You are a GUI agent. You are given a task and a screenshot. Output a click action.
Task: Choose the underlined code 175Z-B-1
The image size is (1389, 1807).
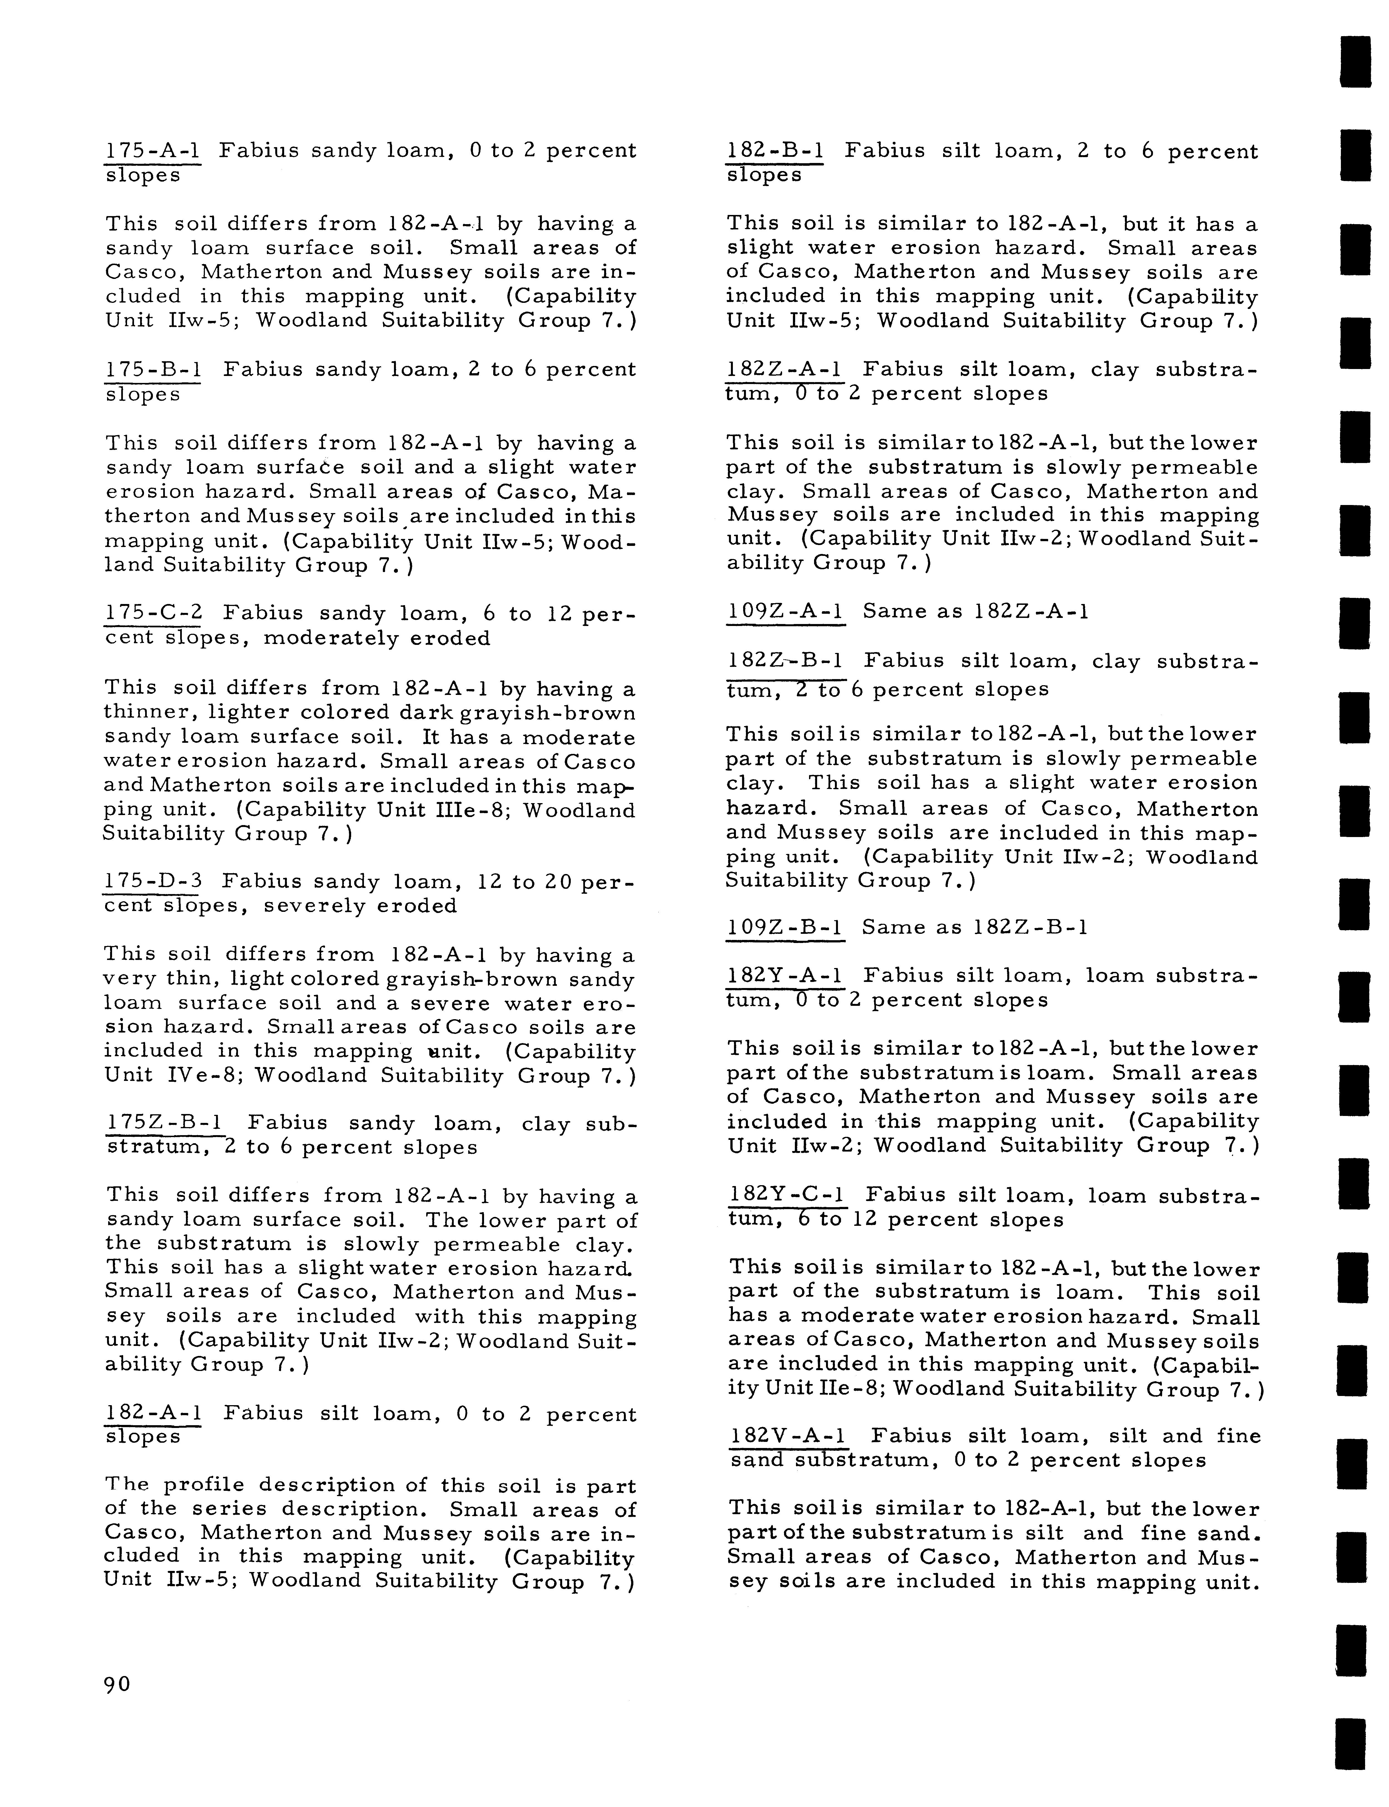pyautogui.click(x=165, y=1123)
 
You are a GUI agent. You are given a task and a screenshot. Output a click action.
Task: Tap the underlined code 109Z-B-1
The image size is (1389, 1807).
pyautogui.click(x=785, y=927)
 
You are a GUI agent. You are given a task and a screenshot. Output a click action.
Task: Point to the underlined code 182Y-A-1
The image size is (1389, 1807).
pyautogui.click(x=785, y=976)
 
